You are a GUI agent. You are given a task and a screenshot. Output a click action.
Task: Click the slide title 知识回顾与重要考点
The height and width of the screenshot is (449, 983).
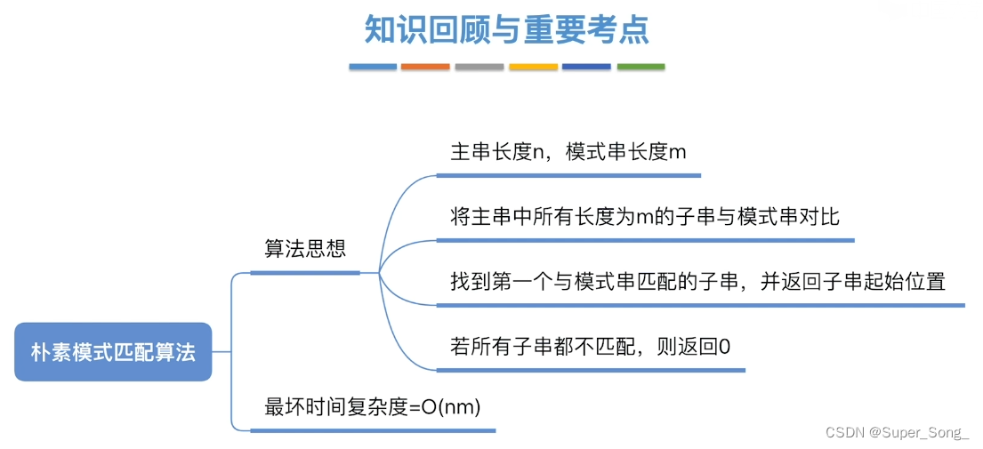coord(506,29)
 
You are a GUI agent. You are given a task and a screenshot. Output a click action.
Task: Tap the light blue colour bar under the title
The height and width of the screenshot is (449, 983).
coord(372,67)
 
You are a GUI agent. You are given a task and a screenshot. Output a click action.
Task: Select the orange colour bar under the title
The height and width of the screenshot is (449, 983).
coord(425,67)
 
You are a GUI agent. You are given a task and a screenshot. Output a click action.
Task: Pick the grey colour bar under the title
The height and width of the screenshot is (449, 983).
coord(479,67)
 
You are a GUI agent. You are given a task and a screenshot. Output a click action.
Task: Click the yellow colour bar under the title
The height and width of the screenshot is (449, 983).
coord(533,67)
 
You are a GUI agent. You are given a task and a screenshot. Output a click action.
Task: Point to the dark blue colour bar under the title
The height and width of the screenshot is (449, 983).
coord(586,67)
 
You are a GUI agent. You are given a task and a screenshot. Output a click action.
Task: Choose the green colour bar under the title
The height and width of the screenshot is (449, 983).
coord(641,67)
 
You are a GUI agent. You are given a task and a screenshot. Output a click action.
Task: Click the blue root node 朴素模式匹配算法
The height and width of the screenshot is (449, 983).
coord(113,352)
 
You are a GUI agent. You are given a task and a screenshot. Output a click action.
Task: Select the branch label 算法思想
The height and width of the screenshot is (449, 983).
coord(305,248)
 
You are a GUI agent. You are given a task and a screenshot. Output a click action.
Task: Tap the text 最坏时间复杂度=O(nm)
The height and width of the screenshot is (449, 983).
coord(373,407)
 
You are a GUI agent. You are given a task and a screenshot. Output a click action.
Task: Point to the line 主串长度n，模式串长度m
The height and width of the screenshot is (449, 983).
coord(568,152)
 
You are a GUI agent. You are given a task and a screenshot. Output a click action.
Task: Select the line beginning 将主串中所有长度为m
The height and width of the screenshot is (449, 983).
coord(645,216)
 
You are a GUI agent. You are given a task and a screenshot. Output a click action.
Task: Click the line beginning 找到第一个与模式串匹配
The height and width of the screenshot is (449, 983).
coord(697,282)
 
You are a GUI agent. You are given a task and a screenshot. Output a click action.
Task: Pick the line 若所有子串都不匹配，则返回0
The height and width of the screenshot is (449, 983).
coord(591,346)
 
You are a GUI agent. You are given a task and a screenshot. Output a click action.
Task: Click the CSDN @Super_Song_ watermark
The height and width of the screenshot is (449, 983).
coord(897,433)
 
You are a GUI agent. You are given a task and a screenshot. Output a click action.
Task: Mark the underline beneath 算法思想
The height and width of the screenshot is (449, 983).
coord(305,272)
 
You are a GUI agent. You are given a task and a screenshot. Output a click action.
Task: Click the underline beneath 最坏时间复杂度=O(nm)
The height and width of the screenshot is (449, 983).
coord(373,430)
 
